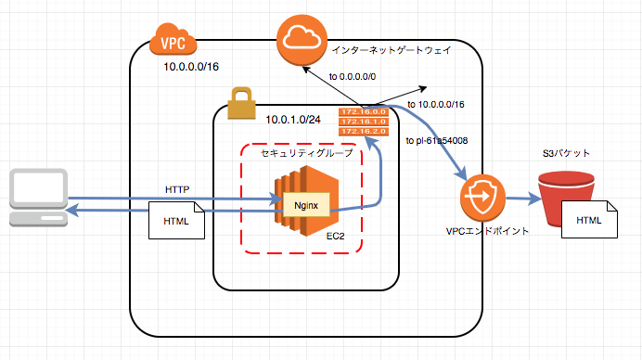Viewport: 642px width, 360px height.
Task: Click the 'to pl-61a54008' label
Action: pos(436,141)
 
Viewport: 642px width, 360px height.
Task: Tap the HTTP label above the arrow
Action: pos(177,189)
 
